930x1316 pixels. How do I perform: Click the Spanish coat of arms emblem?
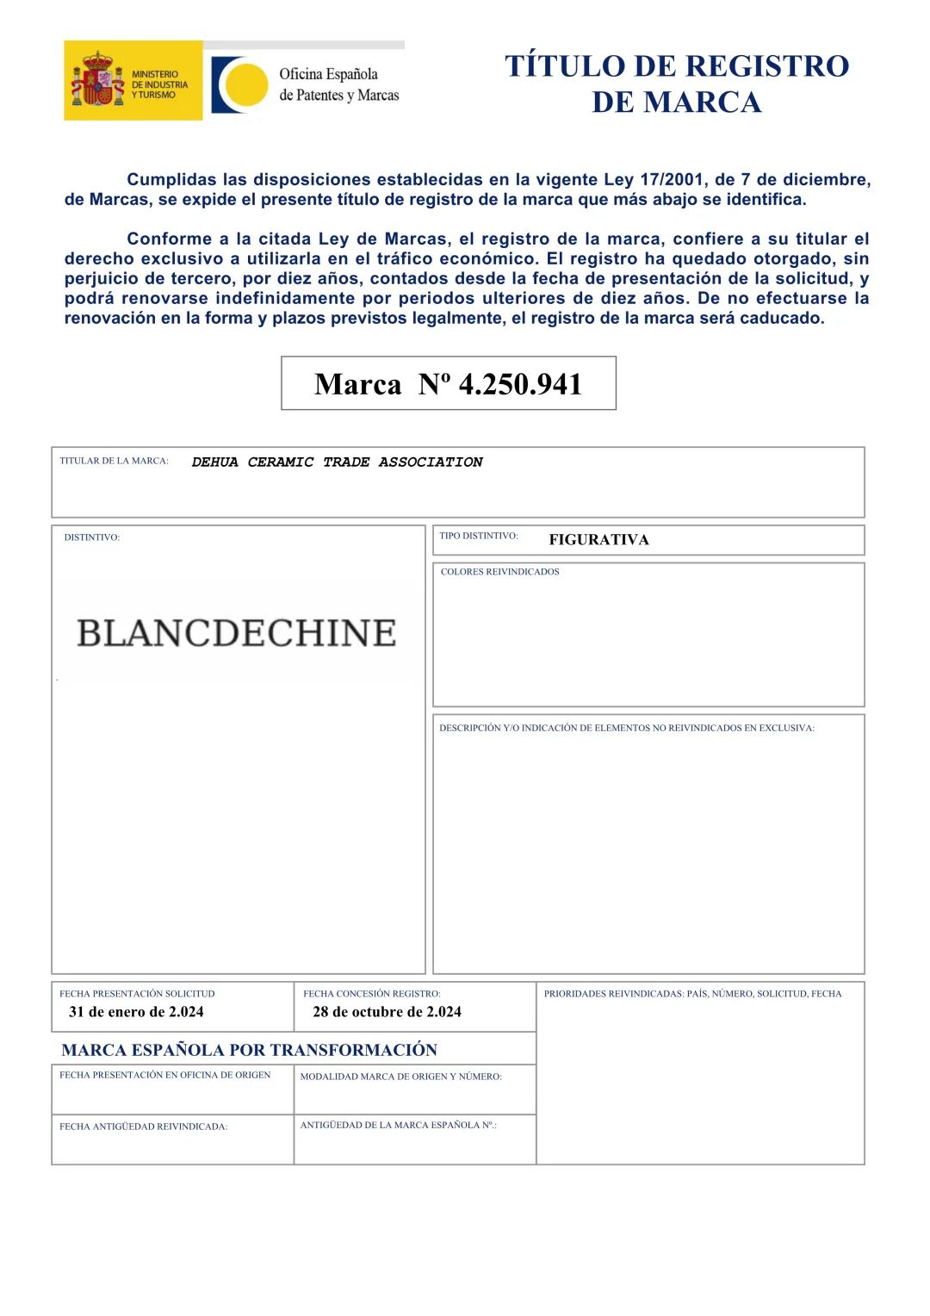pyautogui.click(x=97, y=80)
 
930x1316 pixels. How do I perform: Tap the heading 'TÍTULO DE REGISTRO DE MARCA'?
pyautogui.click(x=677, y=84)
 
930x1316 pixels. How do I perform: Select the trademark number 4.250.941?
pyautogui.click(x=520, y=384)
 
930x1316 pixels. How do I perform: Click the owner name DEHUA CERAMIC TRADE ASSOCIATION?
pyautogui.click(x=337, y=462)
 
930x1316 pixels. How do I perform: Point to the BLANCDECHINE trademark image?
pyautogui.click(x=236, y=633)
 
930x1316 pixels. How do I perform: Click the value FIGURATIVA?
pyautogui.click(x=598, y=540)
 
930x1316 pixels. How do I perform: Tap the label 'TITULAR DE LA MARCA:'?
pyautogui.click(x=114, y=461)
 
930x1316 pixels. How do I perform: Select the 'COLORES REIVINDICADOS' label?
pyautogui.click(x=499, y=572)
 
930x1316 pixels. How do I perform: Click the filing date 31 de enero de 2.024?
pyautogui.click(x=136, y=1012)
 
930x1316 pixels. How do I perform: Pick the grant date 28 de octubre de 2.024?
pyautogui.click(x=387, y=1012)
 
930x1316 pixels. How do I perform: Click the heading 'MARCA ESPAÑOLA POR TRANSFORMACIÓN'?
pyautogui.click(x=249, y=1050)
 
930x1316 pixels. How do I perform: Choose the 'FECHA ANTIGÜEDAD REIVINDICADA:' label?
pyautogui.click(x=143, y=1127)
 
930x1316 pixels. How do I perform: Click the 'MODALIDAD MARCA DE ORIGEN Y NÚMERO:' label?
pyautogui.click(x=400, y=1077)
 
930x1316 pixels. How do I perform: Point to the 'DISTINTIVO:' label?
pyautogui.click(x=91, y=537)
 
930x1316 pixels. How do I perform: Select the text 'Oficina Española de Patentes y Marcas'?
pyautogui.click(x=338, y=84)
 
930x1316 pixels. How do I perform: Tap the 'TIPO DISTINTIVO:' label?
pyautogui.click(x=478, y=536)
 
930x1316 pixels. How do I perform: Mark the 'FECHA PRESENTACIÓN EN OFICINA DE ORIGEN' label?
pyautogui.click(x=164, y=1075)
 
